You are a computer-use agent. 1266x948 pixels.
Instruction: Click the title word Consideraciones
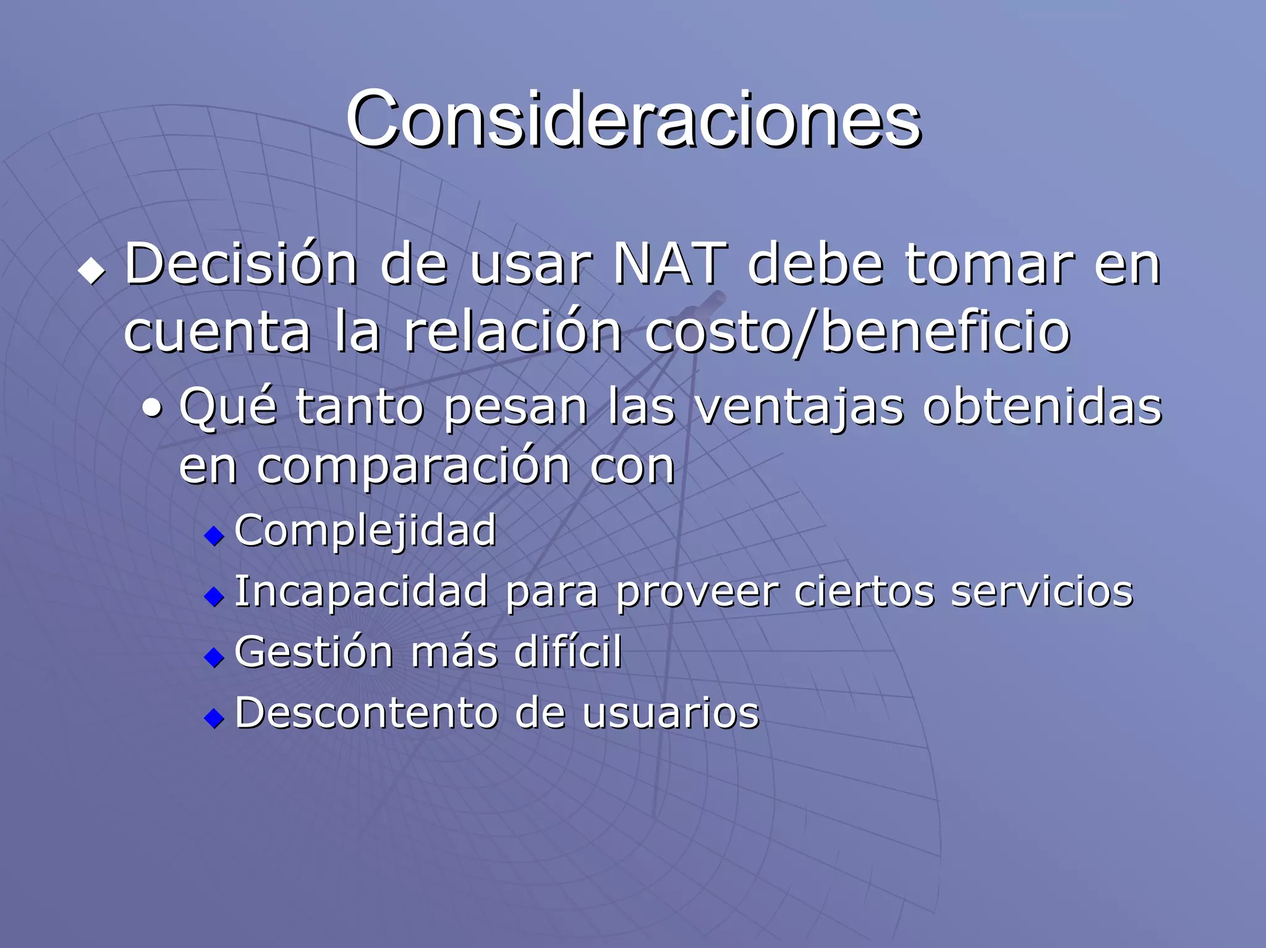pyautogui.click(x=633, y=119)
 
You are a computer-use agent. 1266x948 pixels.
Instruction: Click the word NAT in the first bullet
pyautogui.click(x=670, y=265)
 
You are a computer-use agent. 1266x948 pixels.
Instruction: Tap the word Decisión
pyautogui.click(x=241, y=265)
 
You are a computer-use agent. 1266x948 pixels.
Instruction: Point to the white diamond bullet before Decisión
pyautogui.click(x=92, y=271)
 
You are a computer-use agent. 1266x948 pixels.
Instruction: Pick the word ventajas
pyautogui.click(x=799, y=408)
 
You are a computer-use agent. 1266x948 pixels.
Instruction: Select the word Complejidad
pyautogui.click(x=365, y=531)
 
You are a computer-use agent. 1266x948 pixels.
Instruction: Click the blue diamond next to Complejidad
pyautogui.click(x=214, y=535)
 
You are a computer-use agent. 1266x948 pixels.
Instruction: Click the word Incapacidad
pyautogui.click(x=362, y=592)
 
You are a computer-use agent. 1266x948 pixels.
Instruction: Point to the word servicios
pyautogui.click(x=1042, y=591)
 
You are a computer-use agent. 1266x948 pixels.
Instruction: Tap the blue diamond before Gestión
pyautogui.click(x=214, y=657)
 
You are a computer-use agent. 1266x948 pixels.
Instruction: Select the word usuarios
pyautogui.click(x=670, y=713)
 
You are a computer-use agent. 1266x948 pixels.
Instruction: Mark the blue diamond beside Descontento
pyautogui.click(x=214, y=717)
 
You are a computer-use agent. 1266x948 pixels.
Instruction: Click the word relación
pyautogui.click(x=512, y=332)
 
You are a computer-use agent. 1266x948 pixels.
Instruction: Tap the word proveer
pyautogui.click(x=697, y=592)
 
